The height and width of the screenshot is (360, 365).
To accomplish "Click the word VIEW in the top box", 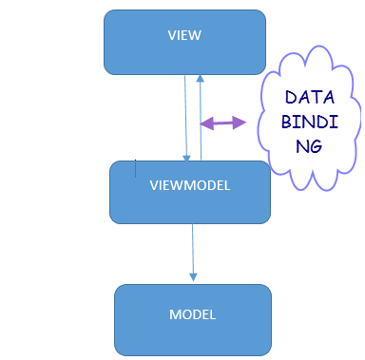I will pos(184,35).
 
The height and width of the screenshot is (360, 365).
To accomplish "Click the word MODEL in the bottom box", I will pos(192,314).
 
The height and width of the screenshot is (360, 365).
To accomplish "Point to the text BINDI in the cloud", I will pos(305,123).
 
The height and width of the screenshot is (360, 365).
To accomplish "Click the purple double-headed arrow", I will pos(222,122).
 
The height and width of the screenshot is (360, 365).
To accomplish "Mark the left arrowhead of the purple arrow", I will pos(204,122).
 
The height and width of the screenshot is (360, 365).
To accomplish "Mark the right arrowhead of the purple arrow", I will pos(240,122).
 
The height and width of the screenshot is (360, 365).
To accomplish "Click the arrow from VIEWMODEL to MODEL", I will pos(193,249).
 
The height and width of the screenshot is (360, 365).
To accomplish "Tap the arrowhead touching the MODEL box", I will pos(194,276).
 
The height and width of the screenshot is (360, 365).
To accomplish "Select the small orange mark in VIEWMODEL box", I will pos(135,169).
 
